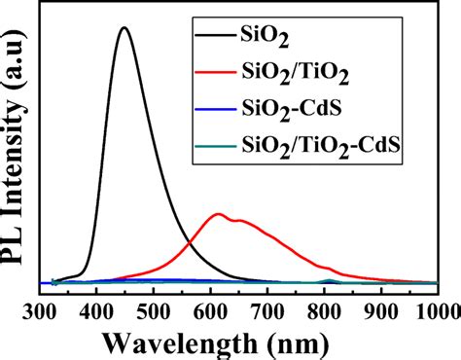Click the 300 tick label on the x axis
(x=39, y=312)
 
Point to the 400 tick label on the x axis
(x=96, y=312)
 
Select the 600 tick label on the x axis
(x=210, y=312)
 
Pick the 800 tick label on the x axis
(x=324, y=312)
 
